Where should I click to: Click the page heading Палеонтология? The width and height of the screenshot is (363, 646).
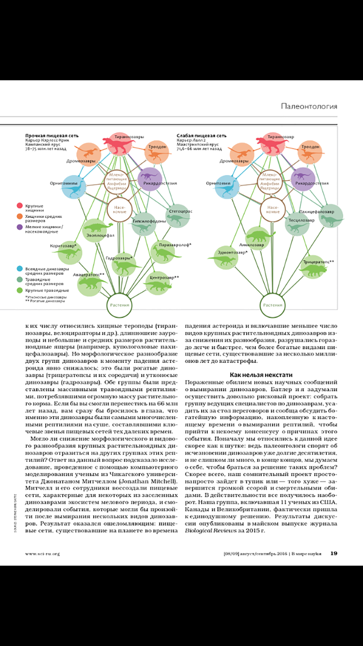click(309, 106)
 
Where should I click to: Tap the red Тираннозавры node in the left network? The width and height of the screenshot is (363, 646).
click(120, 144)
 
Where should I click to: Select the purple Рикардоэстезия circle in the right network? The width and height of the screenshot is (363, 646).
click(303, 179)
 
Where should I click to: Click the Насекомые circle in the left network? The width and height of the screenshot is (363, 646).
click(119, 210)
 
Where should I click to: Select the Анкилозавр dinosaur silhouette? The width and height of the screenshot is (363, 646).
click(260, 236)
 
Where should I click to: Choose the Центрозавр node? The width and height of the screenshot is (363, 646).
click(159, 284)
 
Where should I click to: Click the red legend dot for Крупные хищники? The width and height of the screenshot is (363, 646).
click(20, 206)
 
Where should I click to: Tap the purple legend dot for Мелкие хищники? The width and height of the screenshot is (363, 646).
click(20, 227)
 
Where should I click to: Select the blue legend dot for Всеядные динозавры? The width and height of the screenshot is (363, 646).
click(20, 269)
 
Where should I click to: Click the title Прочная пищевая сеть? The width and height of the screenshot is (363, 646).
click(52, 136)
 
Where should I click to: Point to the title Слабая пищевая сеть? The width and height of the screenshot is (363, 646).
click(201, 136)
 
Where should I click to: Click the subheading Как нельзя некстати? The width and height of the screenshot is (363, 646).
click(261, 375)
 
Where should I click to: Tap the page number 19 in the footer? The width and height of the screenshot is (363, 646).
click(334, 553)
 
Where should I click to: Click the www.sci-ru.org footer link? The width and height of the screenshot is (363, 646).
click(42, 554)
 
